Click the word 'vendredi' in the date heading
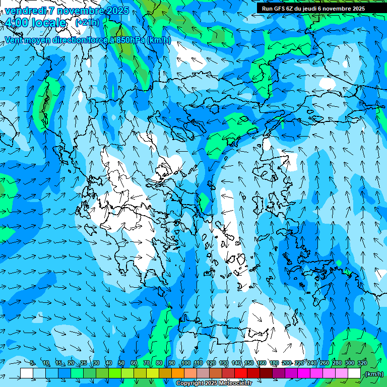coord(25,11)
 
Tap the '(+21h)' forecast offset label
coord(87,22)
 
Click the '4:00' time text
coord(17,23)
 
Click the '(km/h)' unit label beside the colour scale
coord(374,373)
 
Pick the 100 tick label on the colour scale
coord(185,363)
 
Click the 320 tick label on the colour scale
coord(362,363)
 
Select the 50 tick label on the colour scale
coord(121,363)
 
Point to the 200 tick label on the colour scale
coord(286,363)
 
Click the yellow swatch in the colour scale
coord(153,373)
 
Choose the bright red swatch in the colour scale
coord(241,373)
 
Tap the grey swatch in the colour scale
coord(203,373)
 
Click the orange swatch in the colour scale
coord(178,373)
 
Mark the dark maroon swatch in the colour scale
coord(266,373)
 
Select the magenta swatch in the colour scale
coord(304,373)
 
